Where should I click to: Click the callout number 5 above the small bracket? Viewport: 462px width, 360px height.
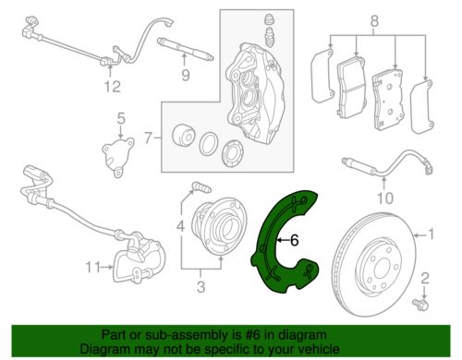pos(120,118)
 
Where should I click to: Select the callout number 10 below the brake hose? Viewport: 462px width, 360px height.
pos(384,196)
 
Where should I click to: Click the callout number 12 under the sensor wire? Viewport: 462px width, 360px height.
pos(112,88)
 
